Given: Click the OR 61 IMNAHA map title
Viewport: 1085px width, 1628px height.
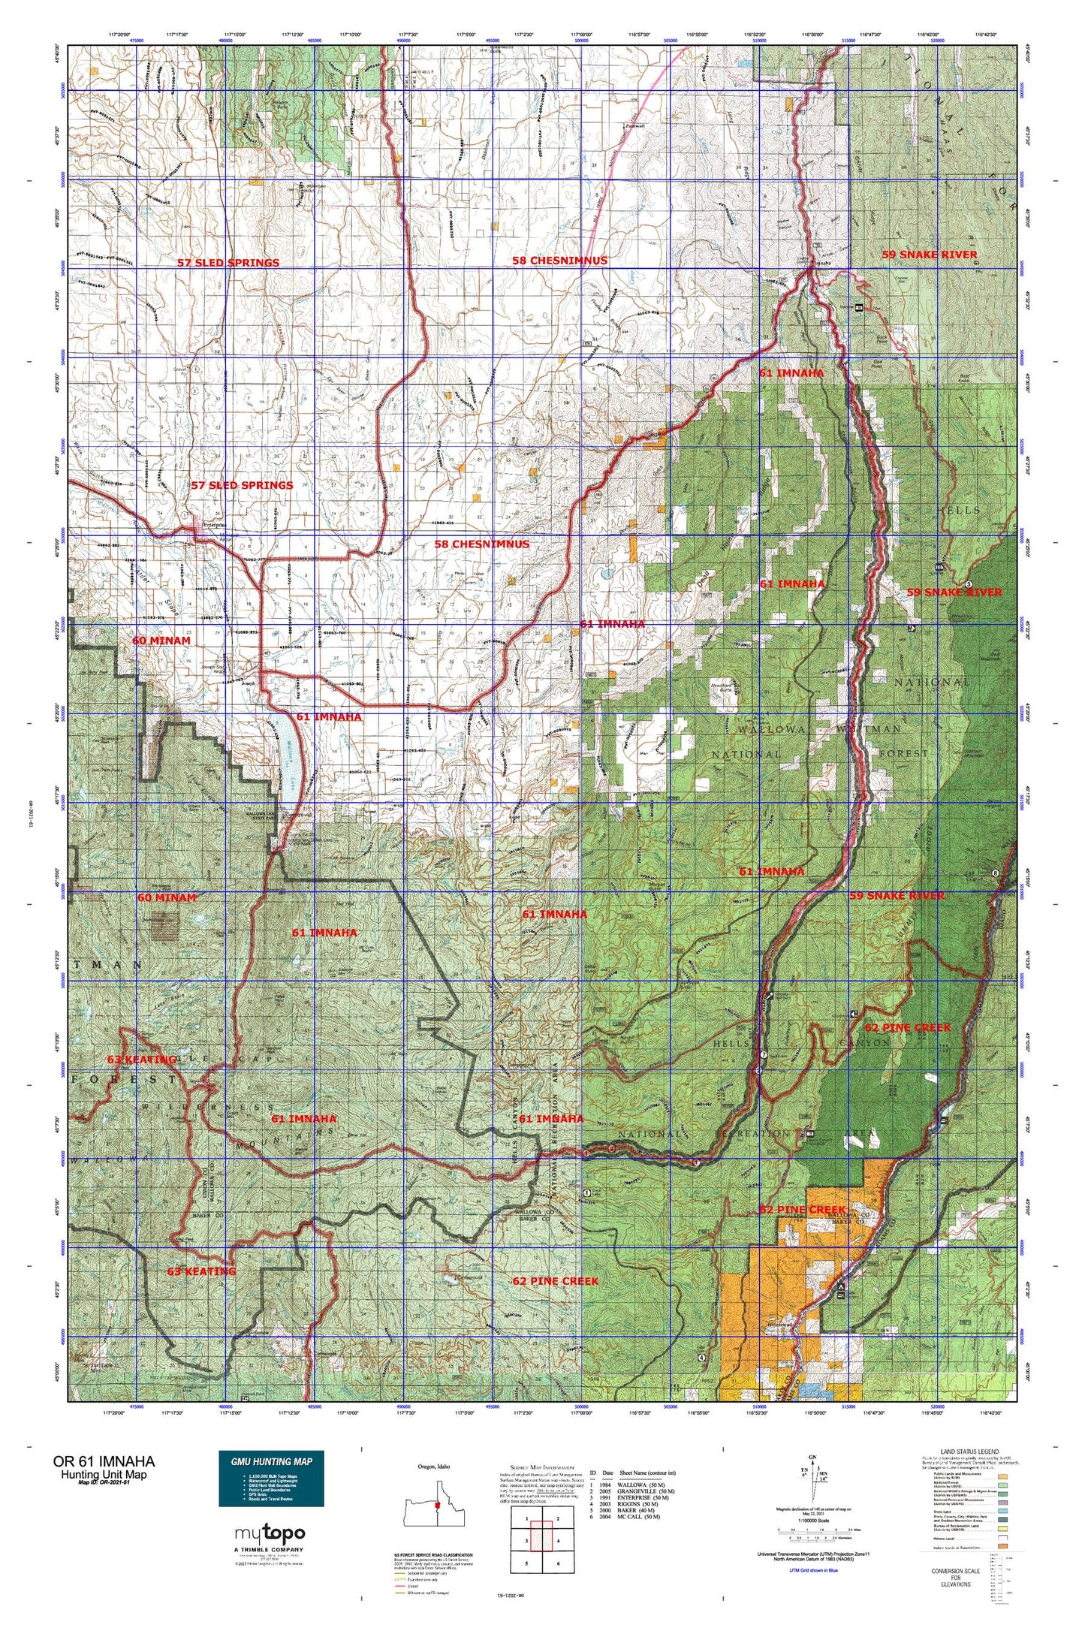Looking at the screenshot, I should pos(104,1461).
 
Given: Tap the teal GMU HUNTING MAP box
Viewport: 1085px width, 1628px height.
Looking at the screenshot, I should pos(271,1477).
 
